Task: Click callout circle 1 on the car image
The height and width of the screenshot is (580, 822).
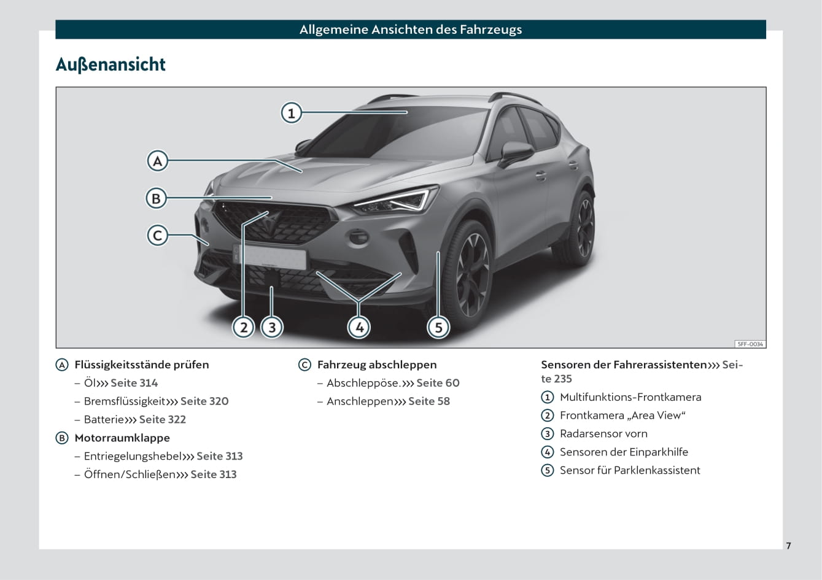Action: (x=292, y=113)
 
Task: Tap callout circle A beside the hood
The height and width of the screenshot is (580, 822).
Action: (x=157, y=161)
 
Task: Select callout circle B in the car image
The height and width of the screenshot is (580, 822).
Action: (x=157, y=198)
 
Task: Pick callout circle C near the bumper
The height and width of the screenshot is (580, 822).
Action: (x=157, y=235)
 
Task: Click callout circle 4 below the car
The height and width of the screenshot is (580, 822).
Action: (x=359, y=327)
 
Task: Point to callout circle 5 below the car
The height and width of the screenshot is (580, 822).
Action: (x=438, y=327)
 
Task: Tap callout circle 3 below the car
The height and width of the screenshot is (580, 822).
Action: (x=272, y=327)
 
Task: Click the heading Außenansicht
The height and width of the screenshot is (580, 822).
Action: (x=111, y=64)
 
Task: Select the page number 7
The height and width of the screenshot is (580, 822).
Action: (x=788, y=546)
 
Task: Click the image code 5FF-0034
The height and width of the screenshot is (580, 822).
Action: (x=750, y=344)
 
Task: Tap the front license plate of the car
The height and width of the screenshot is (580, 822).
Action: (x=269, y=257)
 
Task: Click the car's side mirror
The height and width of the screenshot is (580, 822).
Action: (x=516, y=153)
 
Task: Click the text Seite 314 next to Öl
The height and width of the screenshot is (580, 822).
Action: (x=134, y=382)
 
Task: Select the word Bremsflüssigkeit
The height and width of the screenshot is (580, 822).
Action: (x=125, y=401)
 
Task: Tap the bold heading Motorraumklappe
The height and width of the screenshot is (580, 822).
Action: (x=122, y=438)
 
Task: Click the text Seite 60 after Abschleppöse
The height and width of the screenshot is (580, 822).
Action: (x=438, y=382)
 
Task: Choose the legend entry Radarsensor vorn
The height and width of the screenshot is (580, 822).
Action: (x=603, y=434)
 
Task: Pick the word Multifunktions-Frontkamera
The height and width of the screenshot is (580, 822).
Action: (x=630, y=397)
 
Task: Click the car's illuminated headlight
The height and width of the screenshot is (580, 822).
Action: (x=397, y=200)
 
